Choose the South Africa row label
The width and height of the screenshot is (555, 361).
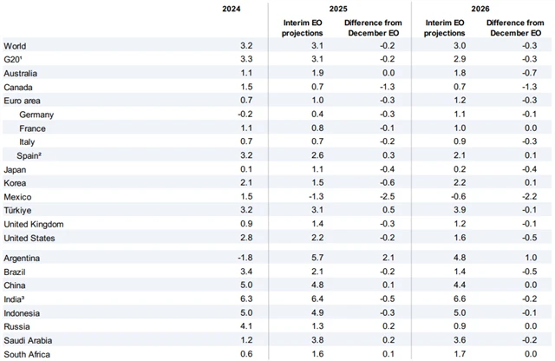[28, 354]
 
